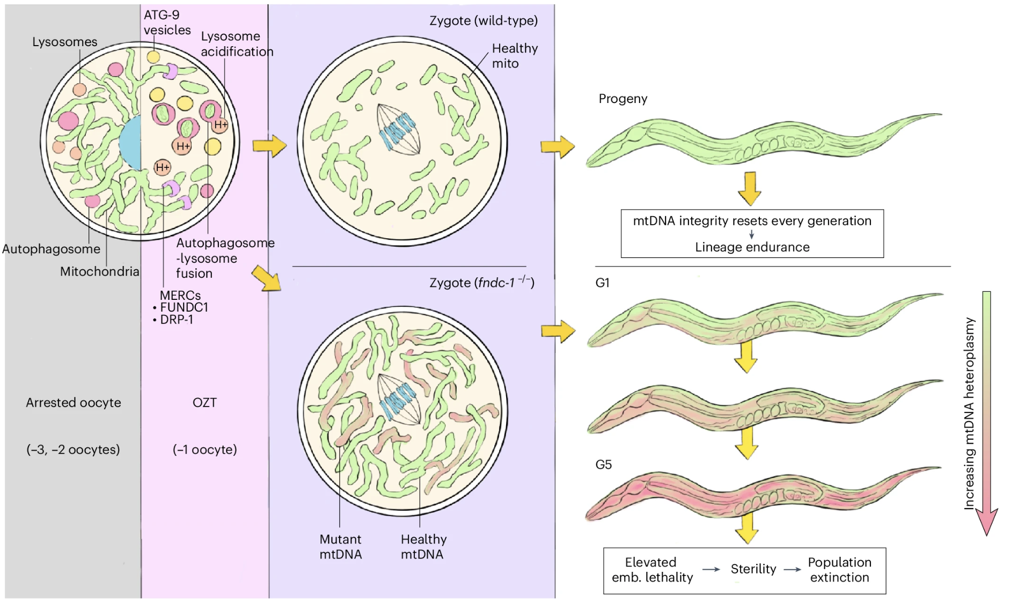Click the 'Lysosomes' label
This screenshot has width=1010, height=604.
coord(64,42)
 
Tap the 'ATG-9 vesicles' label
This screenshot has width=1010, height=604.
coord(166,23)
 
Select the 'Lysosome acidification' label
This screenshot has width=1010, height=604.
coord(237,44)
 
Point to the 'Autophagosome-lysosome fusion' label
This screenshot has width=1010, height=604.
coord(224,258)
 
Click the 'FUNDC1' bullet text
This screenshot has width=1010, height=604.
coord(184,307)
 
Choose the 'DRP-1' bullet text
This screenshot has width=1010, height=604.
coord(177,320)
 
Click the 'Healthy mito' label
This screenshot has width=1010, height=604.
coord(514,56)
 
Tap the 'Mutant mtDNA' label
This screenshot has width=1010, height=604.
coord(340,547)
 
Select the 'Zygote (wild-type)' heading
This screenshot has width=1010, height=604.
coord(483,21)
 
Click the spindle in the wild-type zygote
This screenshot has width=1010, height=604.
coord(398,129)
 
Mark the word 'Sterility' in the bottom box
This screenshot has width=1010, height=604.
coord(753,569)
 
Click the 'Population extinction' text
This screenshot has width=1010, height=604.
coord(839,570)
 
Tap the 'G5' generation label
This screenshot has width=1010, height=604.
coord(603,465)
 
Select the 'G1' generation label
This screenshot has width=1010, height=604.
coord(602,283)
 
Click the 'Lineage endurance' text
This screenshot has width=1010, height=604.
coord(752,247)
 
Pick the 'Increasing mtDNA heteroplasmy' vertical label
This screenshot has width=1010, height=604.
coord(969,413)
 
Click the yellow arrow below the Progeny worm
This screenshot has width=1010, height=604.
coord(750,188)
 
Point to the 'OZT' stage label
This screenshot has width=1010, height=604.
coord(204,403)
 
